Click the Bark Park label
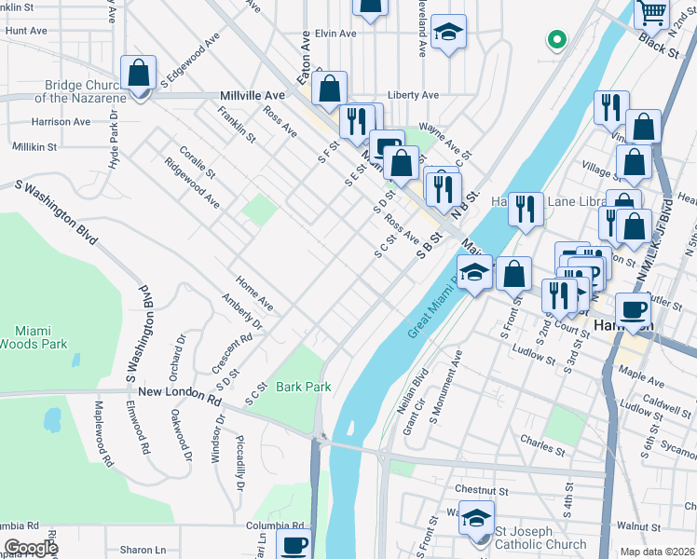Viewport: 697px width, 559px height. coord(304,386)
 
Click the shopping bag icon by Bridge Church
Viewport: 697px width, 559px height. coord(139,74)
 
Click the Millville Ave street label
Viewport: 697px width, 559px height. coord(252,96)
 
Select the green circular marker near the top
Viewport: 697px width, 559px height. coord(556,40)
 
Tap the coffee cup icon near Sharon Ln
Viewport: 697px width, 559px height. coord(294,545)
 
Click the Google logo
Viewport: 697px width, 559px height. coord(31,548)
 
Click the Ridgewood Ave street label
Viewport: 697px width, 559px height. coord(192,187)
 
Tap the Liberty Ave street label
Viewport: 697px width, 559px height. coord(413,95)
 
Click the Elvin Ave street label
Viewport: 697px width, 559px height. coord(335,34)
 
